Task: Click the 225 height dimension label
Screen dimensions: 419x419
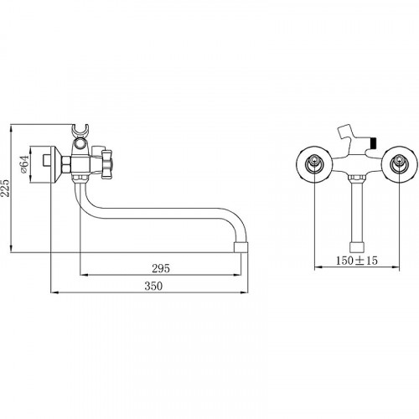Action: click(6, 188)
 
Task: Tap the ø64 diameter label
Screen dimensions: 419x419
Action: click(24, 164)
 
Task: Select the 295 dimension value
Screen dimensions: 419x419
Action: click(161, 268)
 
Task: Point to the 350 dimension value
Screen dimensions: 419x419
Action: click(153, 286)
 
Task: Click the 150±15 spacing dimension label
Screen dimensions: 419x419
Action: click(356, 261)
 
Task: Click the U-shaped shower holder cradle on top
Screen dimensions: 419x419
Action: click(80, 131)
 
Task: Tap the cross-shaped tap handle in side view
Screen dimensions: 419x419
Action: click(107, 164)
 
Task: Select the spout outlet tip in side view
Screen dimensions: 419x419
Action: click(241, 247)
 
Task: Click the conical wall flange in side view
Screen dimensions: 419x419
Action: click(54, 164)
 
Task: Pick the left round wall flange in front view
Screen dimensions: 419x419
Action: click(314, 164)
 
